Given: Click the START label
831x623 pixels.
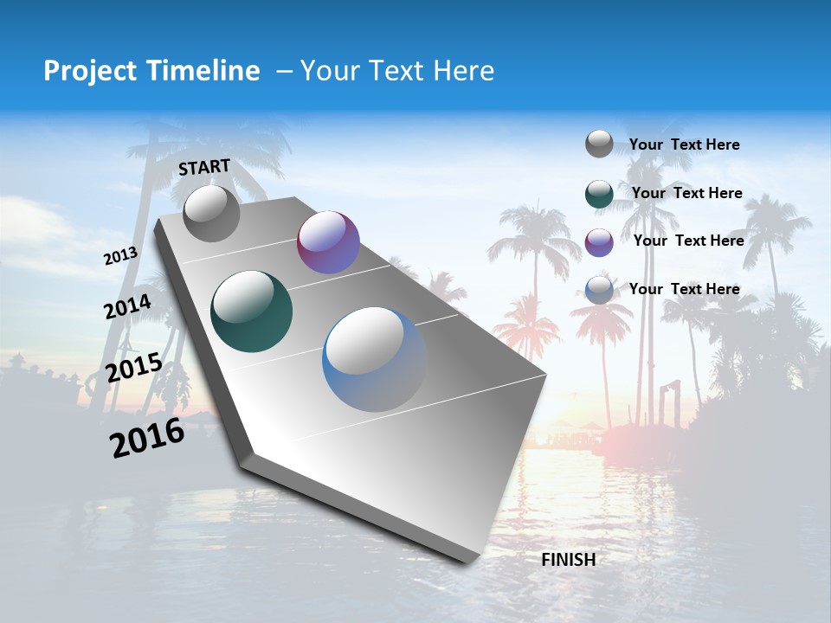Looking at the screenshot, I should (x=204, y=167).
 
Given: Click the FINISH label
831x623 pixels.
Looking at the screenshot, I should (x=569, y=560).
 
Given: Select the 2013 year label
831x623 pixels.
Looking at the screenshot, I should (x=121, y=256).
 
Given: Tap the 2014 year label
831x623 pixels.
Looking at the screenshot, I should (x=128, y=307).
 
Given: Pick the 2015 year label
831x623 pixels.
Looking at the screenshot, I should (x=134, y=368).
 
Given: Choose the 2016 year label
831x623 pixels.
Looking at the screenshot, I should (x=147, y=438).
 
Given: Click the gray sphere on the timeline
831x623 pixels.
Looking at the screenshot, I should (x=211, y=213).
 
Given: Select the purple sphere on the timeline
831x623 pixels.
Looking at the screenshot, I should (x=328, y=242).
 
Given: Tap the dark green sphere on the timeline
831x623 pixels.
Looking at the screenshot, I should (x=252, y=311).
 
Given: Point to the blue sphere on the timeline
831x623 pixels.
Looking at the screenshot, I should (x=374, y=359).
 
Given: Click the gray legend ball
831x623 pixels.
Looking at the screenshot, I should (x=599, y=145).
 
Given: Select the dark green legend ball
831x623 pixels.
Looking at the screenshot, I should (x=599, y=194).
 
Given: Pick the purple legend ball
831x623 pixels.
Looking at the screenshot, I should (x=599, y=242).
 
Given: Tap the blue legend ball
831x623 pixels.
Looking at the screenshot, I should (x=599, y=290).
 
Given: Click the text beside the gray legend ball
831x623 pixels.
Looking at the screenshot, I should (x=684, y=145).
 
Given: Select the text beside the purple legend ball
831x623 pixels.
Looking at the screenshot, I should (x=688, y=241).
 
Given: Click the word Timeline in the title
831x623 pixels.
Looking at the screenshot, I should (x=203, y=71).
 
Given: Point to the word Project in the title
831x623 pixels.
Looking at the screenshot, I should (x=86, y=71).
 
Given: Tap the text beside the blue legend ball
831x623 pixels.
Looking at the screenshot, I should (x=684, y=289).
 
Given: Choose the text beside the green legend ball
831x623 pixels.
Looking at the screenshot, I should (x=686, y=193).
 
